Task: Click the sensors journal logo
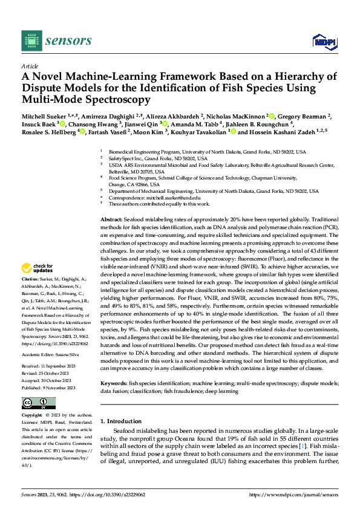[x=57, y=41]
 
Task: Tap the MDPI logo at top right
[x=324, y=41]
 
